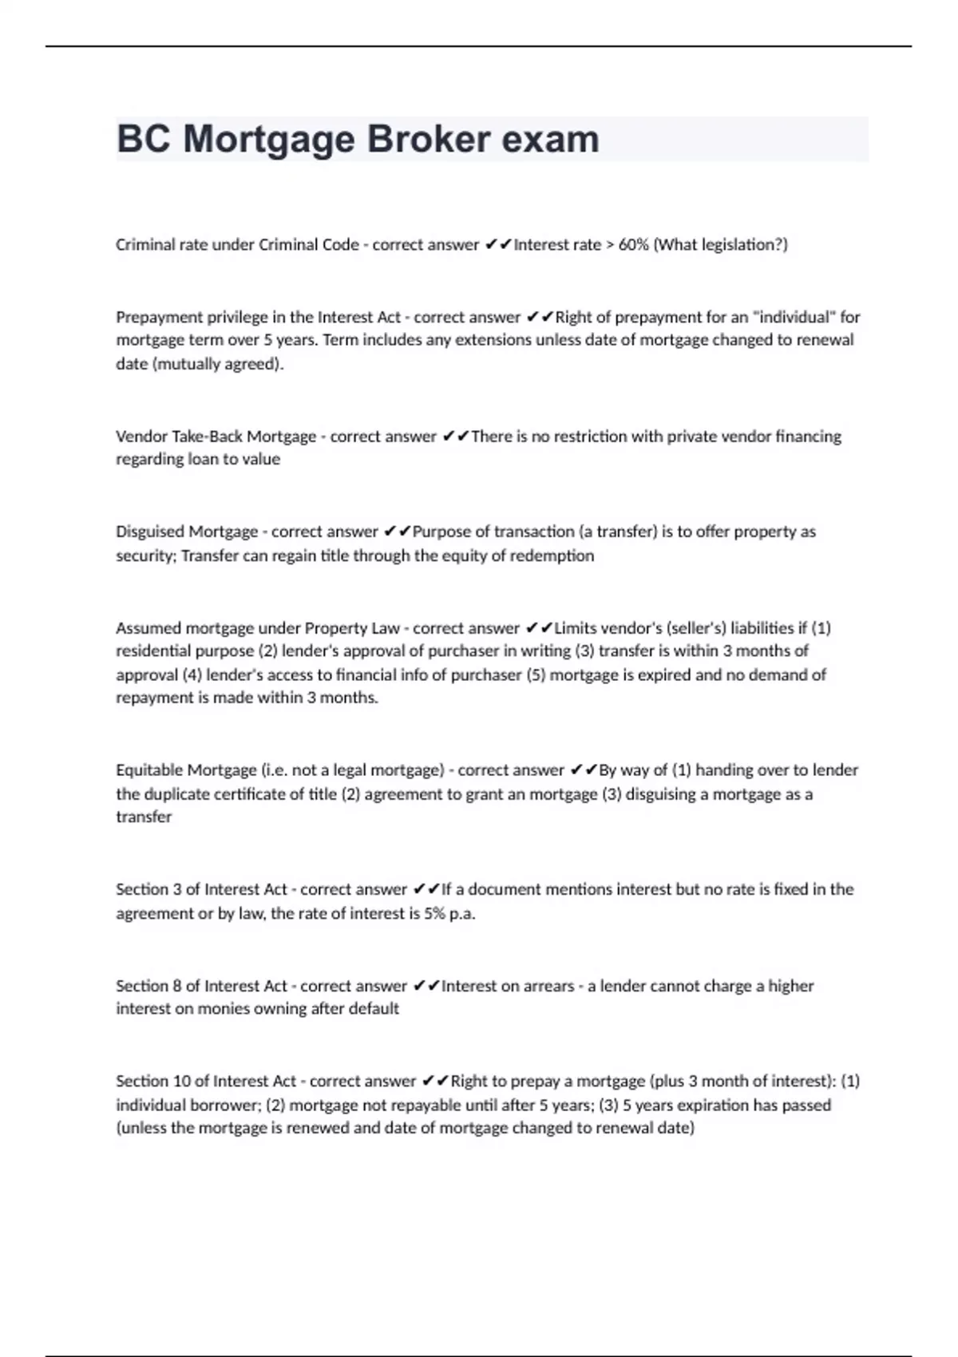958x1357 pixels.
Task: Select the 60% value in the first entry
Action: point(633,245)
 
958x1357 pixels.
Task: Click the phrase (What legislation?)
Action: point(720,245)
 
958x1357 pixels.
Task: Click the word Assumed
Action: point(148,628)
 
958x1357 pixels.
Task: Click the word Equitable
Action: point(148,770)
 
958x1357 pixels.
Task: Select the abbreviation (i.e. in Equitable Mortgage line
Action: point(274,770)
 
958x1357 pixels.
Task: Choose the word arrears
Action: point(548,986)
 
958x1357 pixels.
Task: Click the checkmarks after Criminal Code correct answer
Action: point(498,245)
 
